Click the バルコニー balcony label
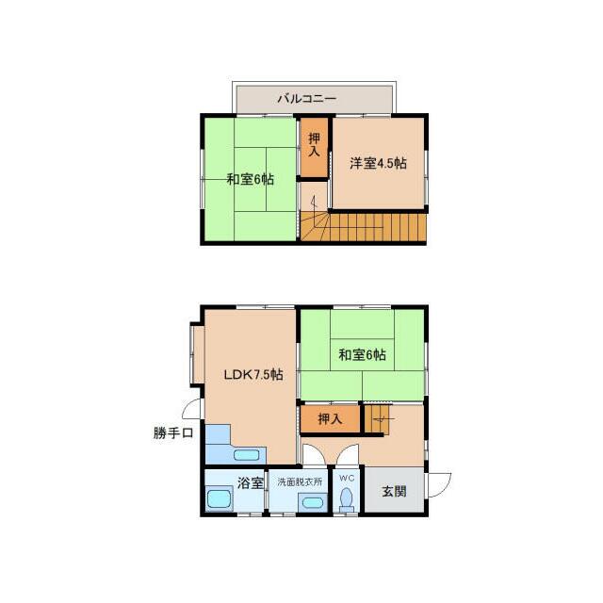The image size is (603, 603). [x=307, y=99]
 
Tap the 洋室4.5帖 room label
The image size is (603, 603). [x=378, y=163]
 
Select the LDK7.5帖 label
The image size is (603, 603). [x=253, y=374]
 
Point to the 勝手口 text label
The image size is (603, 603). [x=173, y=433]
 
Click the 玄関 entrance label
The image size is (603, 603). [x=394, y=491]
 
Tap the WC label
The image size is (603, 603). [x=347, y=478]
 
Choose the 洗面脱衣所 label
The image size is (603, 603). [x=300, y=481]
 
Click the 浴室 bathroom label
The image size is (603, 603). [x=250, y=483]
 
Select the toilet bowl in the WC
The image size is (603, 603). [x=347, y=499]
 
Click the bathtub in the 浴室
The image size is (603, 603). [x=219, y=498]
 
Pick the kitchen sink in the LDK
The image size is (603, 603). [x=247, y=456]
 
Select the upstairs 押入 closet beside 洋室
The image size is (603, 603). [x=314, y=147]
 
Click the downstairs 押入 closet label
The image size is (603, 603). [x=330, y=418]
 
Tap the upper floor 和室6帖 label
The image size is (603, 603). [x=251, y=179]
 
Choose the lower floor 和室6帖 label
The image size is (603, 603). [x=362, y=354]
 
